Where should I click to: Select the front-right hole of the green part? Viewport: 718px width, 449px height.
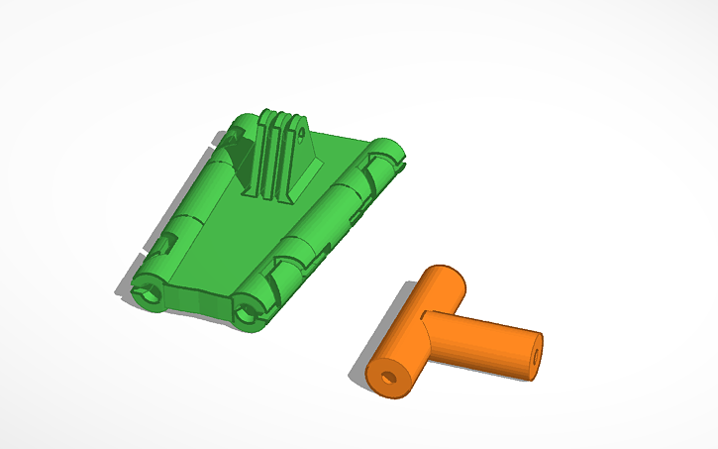click(x=247, y=315)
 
